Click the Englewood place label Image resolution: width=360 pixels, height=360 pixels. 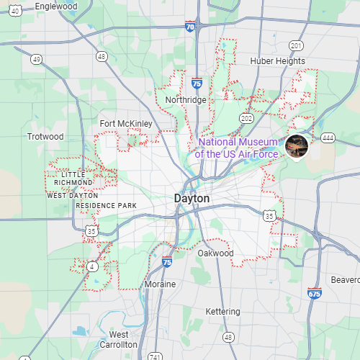click(x=55, y=6)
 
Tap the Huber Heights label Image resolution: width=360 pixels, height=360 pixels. click(x=278, y=61)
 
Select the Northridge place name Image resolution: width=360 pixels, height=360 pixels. click(x=186, y=99)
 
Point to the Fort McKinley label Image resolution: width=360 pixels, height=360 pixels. click(x=126, y=123)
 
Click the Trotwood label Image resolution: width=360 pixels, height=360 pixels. click(x=45, y=136)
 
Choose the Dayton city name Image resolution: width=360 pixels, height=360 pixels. click(x=192, y=198)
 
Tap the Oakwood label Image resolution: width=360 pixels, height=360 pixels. click(x=215, y=253)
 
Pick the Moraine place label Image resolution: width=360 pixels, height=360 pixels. click(x=160, y=284)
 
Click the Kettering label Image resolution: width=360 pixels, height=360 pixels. click(x=223, y=311)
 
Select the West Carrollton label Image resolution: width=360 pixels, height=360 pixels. click(x=119, y=340)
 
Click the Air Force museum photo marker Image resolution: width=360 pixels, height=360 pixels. click(x=297, y=146)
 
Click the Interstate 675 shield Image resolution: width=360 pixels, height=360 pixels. click(x=313, y=294)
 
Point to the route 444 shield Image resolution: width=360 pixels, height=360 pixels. click(x=328, y=137)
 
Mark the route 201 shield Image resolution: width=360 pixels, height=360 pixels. click(x=296, y=45)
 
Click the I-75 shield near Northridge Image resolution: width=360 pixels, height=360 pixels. click(x=197, y=84)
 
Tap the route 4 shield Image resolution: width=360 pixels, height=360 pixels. click(x=93, y=266)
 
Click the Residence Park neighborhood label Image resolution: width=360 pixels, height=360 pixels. click(x=106, y=206)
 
